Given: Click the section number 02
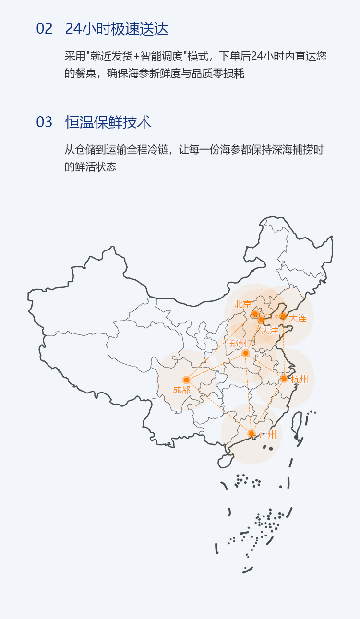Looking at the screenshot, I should coord(44,29).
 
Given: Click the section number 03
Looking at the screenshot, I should coord(44,122).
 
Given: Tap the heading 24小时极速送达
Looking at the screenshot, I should coord(117,29).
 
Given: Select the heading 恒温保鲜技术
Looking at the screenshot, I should coord(108,122).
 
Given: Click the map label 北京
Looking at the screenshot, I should coord(243,304).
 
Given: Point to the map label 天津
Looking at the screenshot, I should coord(269,330).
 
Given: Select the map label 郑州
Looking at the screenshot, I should coord(238,343).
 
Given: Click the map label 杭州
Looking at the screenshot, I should coord(300,380).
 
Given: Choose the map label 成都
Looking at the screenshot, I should coord(181,390).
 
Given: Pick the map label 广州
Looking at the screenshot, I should coord(267,435).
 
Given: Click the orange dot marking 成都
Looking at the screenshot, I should coord(186,380).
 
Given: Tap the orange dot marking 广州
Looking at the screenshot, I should coord(251,434).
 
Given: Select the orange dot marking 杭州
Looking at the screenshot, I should coord(284,379).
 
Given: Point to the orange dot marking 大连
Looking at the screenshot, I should coord(283,316).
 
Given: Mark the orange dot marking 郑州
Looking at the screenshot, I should coord(246,353).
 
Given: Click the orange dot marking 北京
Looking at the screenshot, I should coord(255,314).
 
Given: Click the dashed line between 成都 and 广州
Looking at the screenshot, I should coord(218,407).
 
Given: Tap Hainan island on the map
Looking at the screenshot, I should coord(225,461).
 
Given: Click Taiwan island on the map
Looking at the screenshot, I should coord(297,424).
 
